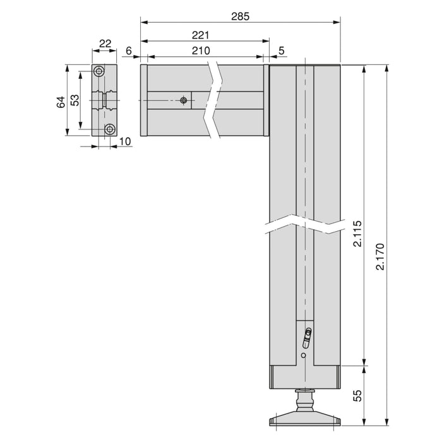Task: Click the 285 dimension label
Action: coord(241,16)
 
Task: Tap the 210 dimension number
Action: coord(199,51)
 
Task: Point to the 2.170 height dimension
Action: coord(379,256)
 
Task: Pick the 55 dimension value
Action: coord(357,396)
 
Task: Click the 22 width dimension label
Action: coord(105,44)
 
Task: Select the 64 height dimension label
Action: coord(61,101)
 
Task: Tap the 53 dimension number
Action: coord(75,100)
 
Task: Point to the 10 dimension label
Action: coord(124,141)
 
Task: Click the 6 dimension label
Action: coord(129,51)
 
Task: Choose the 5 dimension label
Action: coord(280,51)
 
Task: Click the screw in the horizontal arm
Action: coord(184,100)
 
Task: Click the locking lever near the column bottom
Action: coord(307,338)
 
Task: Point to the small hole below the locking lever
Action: coord(304,356)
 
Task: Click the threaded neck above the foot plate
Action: coord(305,400)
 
